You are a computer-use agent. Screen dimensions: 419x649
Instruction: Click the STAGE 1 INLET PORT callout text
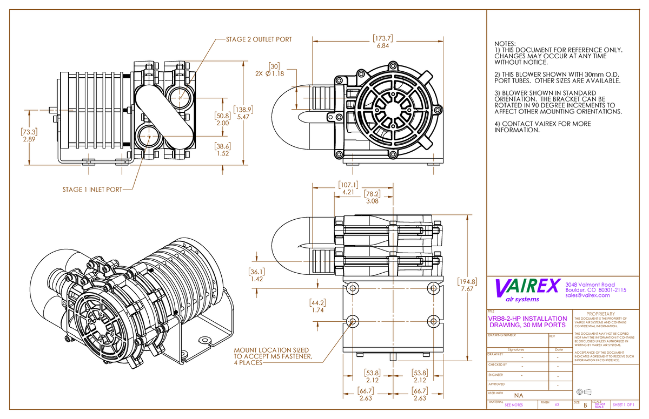coord(92,190)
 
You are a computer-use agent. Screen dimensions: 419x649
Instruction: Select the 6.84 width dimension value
coord(382,46)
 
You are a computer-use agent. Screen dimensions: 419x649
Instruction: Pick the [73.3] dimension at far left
coord(29,132)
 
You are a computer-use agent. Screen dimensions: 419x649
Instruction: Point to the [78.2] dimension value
coord(372,194)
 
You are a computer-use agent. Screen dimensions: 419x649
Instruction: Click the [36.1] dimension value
coord(257,272)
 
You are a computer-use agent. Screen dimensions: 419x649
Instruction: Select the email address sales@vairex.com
coord(587,295)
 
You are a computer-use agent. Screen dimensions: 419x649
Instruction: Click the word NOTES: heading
coord(505,44)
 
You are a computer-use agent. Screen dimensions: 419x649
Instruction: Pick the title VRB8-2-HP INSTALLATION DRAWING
coord(528,322)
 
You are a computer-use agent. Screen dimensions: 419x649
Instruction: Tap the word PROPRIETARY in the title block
coord(600,314)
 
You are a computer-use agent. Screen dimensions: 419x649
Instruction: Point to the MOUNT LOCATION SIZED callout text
coord(271,350)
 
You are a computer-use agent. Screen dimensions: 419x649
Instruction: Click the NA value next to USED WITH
coord(518,396)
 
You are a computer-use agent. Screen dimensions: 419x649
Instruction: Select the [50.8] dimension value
coord(223,116)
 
